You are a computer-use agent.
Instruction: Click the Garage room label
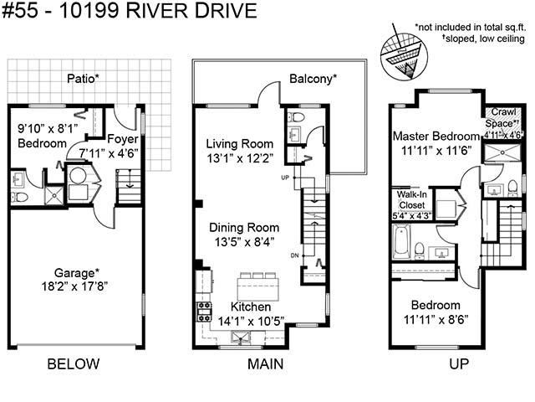click(77, 273)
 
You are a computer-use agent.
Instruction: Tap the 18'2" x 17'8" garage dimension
click(74, 286)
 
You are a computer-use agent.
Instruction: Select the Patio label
click(83, 79)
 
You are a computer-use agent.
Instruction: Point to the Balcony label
click(313, 79)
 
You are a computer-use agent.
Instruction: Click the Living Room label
click(240, 143)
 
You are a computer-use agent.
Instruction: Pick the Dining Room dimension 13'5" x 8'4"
click(244, 242)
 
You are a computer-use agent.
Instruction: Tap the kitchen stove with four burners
click(204, 312)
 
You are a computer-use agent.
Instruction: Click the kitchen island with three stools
click(258, 286)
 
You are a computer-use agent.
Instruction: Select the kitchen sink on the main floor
click(242, 338)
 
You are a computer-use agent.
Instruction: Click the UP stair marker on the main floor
click(285, 178)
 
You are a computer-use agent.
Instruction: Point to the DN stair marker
click(294, 255)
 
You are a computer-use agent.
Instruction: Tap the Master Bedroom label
click(436, 136)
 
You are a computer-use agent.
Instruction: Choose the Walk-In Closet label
click(412, 200)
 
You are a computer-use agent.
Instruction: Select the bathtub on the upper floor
click(401, 242)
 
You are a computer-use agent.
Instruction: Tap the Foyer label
click(123, 139)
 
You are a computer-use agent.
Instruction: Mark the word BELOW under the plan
click(74, 363)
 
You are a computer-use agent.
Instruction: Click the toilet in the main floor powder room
click(297, 117)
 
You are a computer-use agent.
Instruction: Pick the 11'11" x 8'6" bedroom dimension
click(436, 320)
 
